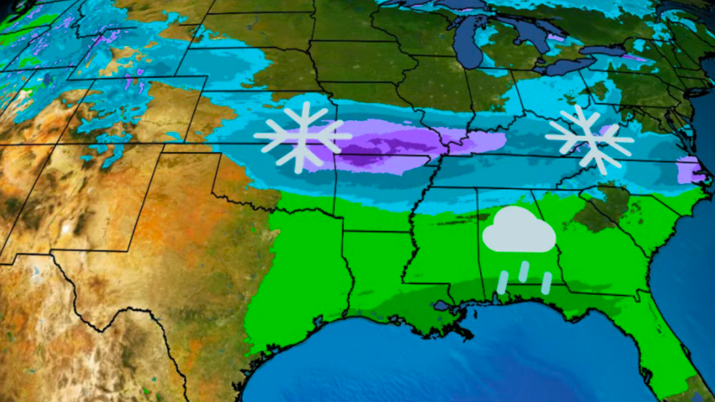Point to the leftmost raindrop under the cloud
tap(502, 282)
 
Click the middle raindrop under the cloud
tap(524, 271)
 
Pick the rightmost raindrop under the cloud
tap(547, 283)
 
